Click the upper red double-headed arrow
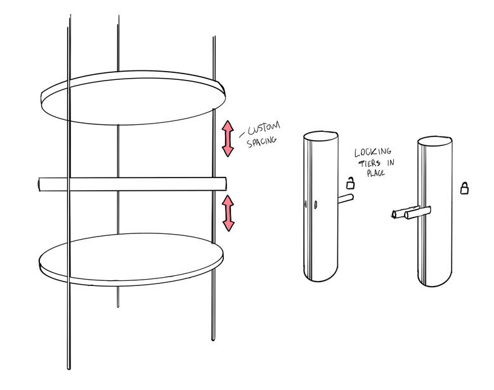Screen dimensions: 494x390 tap(228, 139)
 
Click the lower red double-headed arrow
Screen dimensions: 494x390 tap(228, 213)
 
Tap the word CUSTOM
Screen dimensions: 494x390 tap(264, 129)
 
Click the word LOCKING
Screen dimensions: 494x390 tap(373, 152)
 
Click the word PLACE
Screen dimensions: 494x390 tap(375, 173)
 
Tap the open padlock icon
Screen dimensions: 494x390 tap(350, 183)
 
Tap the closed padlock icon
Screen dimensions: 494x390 tap(464, 188)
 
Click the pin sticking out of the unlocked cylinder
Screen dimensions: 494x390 tap(346, 199)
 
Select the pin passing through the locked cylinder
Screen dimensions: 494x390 tap(411, 212)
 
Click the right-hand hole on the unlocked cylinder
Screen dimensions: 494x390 tap(316, 205)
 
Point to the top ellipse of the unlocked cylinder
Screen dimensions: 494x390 tap(321, 136)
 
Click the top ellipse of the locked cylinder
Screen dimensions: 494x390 tap(435, 141)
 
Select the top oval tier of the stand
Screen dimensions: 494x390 tap(133, 98)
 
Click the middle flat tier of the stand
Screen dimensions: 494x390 tap(133, 185)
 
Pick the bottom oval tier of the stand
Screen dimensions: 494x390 tap(131, 259)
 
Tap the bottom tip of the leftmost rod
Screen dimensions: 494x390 tap(68, 368)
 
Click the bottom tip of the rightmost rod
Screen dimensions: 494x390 tap(213, 340)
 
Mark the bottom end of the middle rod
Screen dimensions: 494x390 tap(118, 306)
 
